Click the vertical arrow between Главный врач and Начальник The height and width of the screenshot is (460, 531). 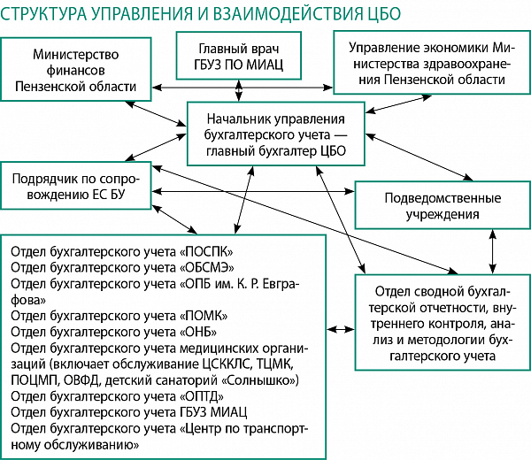(239, 90)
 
